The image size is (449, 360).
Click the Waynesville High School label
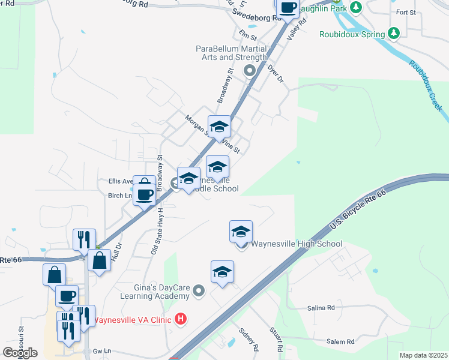pos(296,244)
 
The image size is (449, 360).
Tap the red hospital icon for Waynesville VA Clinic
pos(179,319)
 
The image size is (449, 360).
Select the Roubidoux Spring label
pos(352,35)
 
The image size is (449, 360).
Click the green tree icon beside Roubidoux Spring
pos(394,34)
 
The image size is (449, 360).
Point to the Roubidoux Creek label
pos(426,84)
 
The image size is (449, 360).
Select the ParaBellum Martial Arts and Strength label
pos(231,53)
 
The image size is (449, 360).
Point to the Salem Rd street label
pos(340,342)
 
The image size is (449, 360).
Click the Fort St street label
pos(406,12)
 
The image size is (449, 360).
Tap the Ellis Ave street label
pos(121,181)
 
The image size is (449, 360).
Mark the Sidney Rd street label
pos(248,339)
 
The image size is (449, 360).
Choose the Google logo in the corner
pos(20,353)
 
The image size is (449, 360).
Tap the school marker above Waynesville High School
pos(241,232)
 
